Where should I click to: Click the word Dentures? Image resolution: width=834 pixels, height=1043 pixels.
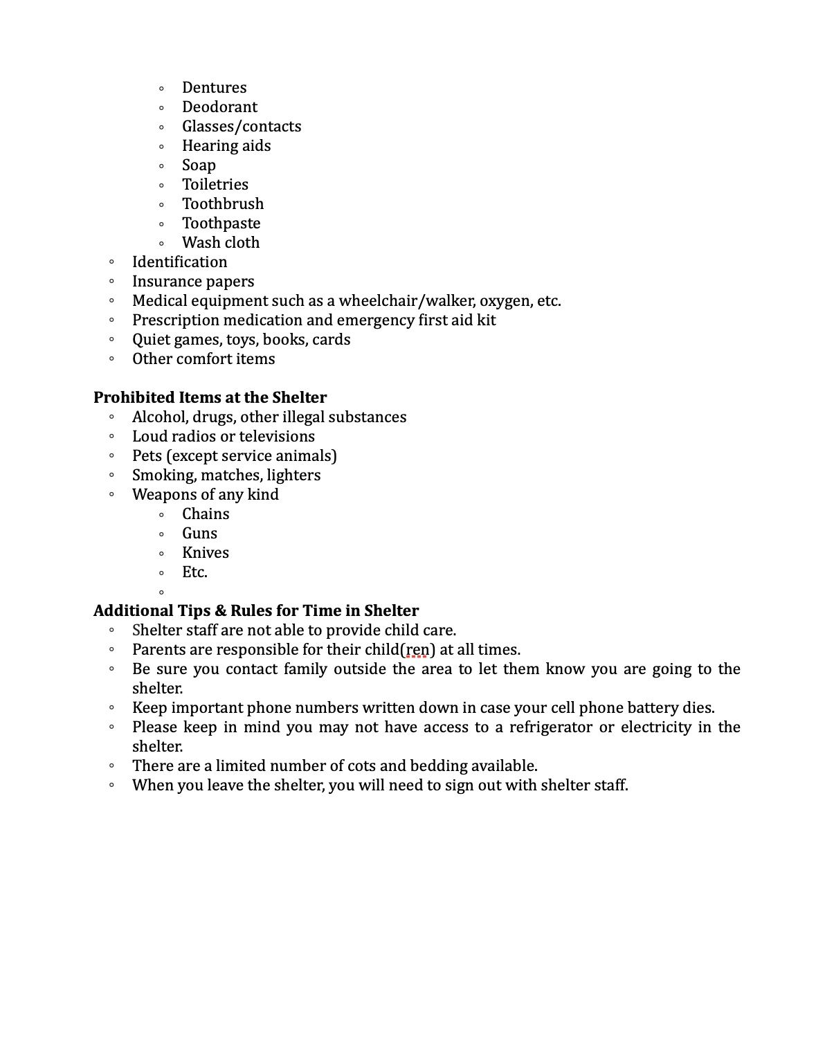point(214,88)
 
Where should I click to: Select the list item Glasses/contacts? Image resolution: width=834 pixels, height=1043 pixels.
point(242,127)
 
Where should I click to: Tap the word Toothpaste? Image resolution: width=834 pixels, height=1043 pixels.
point(221,224)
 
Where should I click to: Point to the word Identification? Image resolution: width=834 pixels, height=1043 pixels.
point(179,262)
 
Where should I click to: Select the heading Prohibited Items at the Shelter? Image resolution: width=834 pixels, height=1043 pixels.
point(210,398)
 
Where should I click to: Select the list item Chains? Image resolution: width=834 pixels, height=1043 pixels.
point(206,514)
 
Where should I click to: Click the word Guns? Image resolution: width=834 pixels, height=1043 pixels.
point(199,534)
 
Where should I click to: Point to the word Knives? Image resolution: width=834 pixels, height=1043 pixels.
point(206,553)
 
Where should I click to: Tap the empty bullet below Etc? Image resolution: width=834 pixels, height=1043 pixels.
point(161,592)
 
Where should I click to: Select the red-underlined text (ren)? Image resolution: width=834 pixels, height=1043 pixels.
point(417,650)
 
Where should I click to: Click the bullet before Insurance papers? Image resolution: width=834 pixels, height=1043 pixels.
point(111,282)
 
